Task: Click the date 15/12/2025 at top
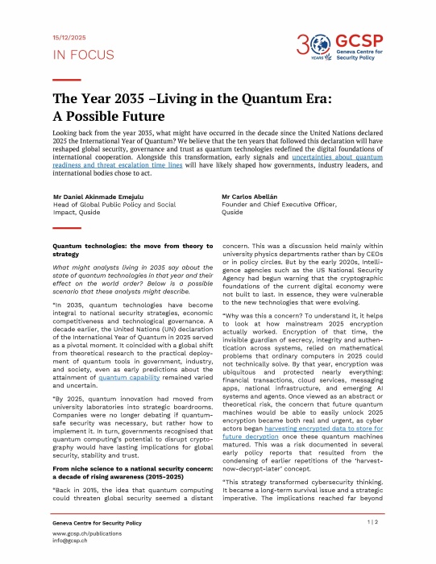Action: point(70,38)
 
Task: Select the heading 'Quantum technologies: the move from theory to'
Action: point(131,244)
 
